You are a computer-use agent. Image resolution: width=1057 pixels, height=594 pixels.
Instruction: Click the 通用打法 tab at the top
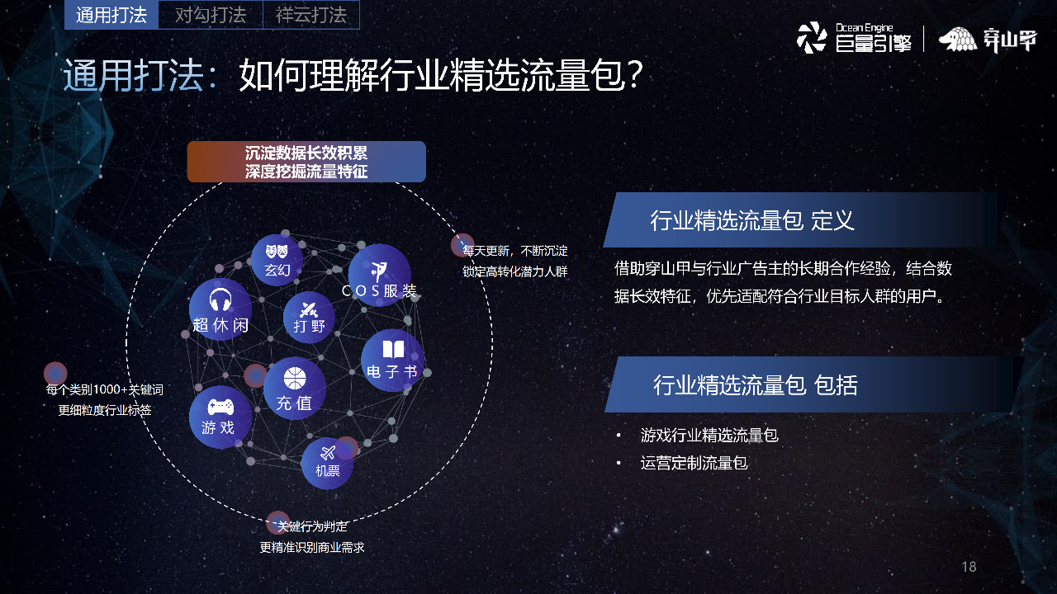[x=111, y=15]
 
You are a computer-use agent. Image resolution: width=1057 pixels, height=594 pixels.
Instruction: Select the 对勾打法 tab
[x=211, y=15]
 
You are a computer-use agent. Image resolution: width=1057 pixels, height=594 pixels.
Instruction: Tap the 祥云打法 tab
[x=310, y=15]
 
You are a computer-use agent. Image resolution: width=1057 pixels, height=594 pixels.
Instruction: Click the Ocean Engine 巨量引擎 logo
[x=854, y=38]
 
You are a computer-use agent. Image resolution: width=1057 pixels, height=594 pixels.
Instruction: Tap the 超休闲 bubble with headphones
[x=220, y=309]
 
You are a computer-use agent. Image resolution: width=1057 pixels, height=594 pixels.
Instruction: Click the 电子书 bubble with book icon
[x=392, y=361]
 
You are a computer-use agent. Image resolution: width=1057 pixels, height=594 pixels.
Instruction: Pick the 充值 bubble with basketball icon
[x=294, y=389]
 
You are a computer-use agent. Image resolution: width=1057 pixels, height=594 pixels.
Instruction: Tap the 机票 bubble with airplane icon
[x=327, y=462]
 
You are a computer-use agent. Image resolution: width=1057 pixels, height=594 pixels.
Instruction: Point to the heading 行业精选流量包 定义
[x=751, y=220]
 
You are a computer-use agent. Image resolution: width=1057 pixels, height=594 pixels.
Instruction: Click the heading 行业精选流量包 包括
[x=755, y=384]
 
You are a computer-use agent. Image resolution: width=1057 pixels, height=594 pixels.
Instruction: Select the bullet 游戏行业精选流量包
[x=709, y=435]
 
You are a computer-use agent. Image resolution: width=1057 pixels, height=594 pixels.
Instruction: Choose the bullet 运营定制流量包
[x=694, y=463]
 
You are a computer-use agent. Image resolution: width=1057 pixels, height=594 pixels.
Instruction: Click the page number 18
[x=969, y=567]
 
